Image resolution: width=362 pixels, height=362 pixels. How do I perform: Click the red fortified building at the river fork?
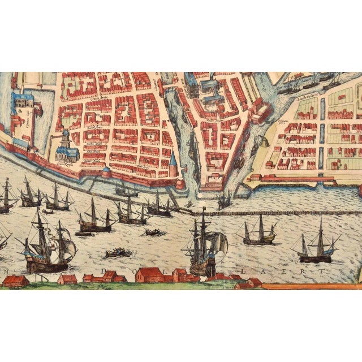[x=211, y=182]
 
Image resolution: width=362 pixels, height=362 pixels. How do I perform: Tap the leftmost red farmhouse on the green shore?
[x=15, y=280]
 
